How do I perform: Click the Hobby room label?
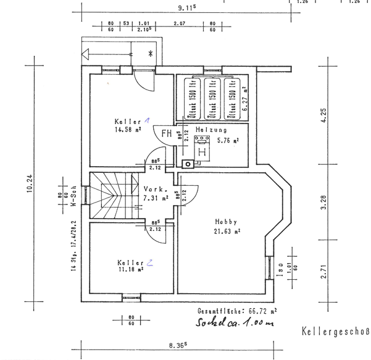[x=226, y=222]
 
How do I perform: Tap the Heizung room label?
[x=211, y=130]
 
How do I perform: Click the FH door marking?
[x=167, y=133]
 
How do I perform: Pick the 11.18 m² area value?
[x=129, y=269]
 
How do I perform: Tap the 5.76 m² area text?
[x=227, y=140]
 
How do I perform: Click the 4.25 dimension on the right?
[x=323, y=116]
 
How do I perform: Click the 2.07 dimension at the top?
[x=180, y=23]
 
